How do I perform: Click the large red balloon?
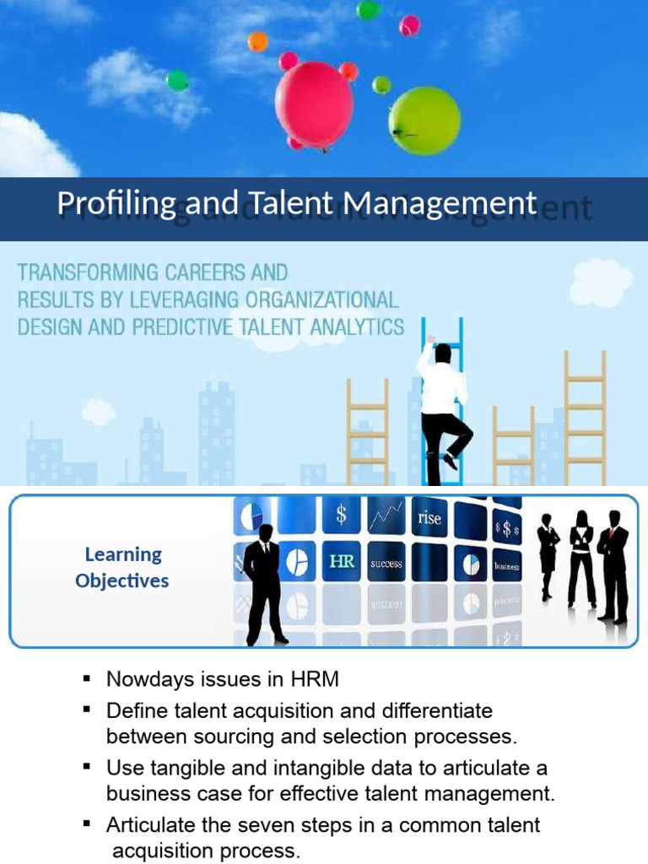315,104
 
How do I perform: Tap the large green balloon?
424,121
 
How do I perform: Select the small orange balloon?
258,41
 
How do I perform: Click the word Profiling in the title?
116,203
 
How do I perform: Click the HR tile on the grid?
342,561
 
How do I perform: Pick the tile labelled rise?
429,519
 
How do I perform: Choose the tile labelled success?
386,564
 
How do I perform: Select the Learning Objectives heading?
122,567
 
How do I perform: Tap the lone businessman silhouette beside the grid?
264,582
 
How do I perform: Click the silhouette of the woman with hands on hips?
581,557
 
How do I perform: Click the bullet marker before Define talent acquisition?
86,709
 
